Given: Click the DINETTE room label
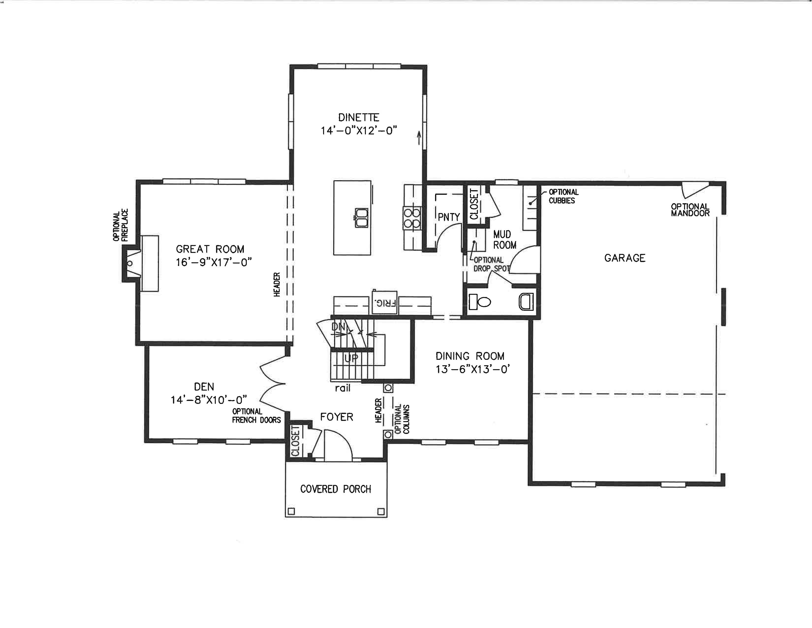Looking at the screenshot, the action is (359, 117).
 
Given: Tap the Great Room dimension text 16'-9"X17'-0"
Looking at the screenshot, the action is (214, 262).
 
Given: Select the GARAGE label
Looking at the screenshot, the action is (625, 258).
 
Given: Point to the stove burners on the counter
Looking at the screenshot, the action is (412, 218).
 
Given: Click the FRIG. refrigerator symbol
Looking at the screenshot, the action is (384, 302).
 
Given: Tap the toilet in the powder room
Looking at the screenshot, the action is (480, 302).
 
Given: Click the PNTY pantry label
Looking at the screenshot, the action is (449, 217).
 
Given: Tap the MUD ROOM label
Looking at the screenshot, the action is (504, 240).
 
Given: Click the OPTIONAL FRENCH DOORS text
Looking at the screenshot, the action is (257, 415).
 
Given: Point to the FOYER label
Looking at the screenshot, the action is (336, 417).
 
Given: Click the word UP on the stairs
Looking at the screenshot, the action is (351, 358).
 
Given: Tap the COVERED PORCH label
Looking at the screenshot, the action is (336, 489).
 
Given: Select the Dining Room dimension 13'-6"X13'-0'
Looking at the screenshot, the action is (472, 369).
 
